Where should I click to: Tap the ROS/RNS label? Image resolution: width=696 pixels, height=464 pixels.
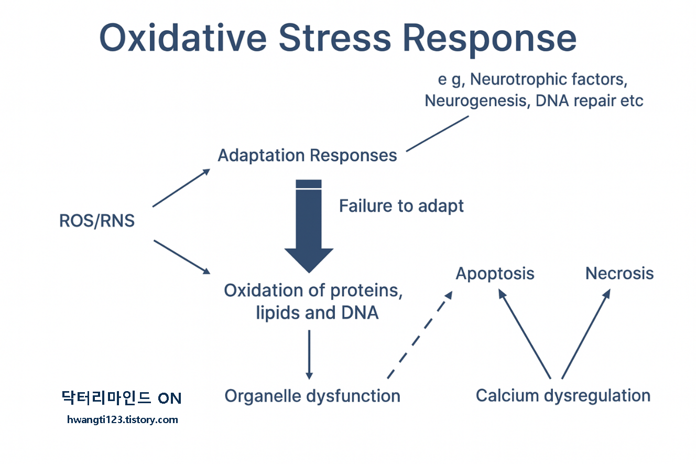tap(97, 221)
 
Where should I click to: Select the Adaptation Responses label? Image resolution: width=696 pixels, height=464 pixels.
tap(307, 156)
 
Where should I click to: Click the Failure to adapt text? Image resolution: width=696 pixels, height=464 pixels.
tap(401, 206)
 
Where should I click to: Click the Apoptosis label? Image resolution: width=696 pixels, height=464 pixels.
tap(495, 273)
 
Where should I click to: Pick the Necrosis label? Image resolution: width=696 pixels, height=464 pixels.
tap(619, 273)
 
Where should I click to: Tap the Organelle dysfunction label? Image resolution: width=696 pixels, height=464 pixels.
tap(312, 395)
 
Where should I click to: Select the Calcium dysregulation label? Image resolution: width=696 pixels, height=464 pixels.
tap(563, 395)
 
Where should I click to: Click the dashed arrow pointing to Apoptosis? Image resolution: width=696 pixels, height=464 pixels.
tap(419, 335)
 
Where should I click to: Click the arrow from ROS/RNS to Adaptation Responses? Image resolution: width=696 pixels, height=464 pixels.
tap(181, 188)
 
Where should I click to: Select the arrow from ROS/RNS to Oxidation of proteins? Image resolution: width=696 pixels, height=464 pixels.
tap(181, 256)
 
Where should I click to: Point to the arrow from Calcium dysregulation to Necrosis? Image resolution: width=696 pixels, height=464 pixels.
tap(585, 335)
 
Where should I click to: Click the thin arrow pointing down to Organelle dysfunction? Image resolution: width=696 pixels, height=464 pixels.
tap(309, 354)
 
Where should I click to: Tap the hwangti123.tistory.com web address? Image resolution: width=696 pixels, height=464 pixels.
tap(123, 419)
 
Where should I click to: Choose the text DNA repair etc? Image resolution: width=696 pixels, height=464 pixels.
tap(589, 101)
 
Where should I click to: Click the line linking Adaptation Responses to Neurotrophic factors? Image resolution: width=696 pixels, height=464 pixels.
tap(437, 134)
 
